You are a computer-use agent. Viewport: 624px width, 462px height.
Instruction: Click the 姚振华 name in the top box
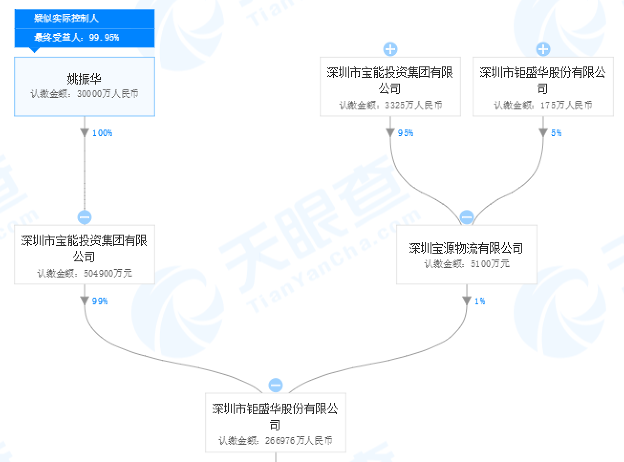(x=84, y=79)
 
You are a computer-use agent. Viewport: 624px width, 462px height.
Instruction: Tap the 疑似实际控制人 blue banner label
(x=66, y=19)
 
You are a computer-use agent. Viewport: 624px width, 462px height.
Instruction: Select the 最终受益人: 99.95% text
(x=76, y=37)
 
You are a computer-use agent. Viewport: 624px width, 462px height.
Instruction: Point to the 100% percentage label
(x=102, y=133)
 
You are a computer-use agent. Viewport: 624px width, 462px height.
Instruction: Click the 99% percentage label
(x=100, y=301)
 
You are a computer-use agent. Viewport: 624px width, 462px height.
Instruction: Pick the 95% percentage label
(x=406, y=133)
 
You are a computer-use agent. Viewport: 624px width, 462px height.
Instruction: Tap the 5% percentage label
(x=556, y=133)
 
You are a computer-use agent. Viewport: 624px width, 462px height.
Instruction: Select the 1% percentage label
(x=480, y=301)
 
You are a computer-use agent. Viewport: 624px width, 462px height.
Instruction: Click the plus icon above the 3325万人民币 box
(x=390, y=49)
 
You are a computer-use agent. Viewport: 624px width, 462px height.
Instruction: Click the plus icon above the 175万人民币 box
(x=543, y=49)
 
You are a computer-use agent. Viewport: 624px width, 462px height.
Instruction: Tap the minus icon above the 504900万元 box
(x=85, y=217)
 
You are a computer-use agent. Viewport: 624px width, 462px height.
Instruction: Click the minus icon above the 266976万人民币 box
(x=276, y=385)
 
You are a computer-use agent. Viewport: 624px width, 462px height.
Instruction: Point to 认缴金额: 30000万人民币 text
(x=85, y=94)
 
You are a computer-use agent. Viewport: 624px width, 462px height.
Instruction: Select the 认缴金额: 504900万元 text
(x=85, y=273)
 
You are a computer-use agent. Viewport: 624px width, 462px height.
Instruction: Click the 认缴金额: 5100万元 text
(x=467, y=264)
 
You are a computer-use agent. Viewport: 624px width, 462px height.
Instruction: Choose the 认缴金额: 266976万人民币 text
(x=276, y=441)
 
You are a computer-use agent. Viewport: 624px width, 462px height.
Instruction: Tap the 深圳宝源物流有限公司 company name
(x=466, y=248)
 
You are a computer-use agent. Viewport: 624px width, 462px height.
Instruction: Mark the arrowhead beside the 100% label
(x=85, y=133)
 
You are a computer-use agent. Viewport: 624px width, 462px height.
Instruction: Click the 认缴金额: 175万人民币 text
(x=543, y=105)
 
